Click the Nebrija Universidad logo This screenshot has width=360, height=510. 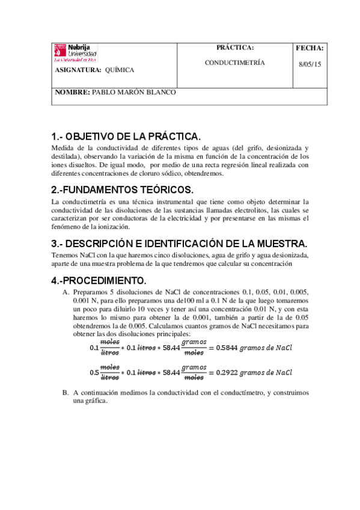(x=75, y=53)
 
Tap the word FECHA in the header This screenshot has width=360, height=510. (x=310, y=48)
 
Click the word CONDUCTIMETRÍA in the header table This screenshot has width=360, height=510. (x=234, y=63)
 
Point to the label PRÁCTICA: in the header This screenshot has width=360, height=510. (x=234, y=48)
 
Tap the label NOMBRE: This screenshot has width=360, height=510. (x=72, y=93)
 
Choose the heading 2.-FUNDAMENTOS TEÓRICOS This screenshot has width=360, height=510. (x=123, y=189)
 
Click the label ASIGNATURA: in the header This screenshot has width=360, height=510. (x=78, y=70)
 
